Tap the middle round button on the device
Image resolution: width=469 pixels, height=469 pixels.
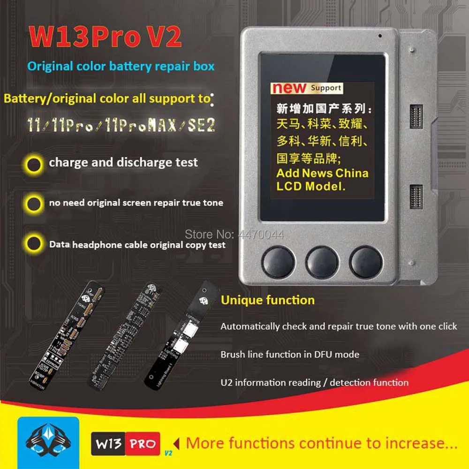tap(322, 262)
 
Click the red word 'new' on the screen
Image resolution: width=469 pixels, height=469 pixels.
tap(289, 88)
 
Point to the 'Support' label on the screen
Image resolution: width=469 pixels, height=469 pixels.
tap(325, 88)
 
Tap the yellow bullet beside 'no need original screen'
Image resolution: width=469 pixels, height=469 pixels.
tap(34, 204)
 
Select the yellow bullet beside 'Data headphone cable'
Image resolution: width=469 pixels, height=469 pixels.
tap(34, 244)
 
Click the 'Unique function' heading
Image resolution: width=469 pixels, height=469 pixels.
tap(268, 300)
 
